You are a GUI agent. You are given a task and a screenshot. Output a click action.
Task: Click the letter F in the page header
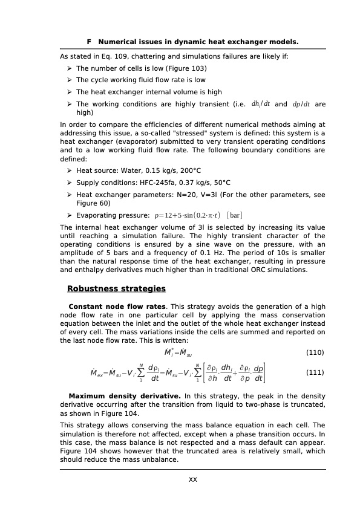[89, 42]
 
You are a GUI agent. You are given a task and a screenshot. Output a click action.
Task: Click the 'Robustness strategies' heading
[116, 289]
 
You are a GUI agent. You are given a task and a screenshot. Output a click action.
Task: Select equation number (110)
[315, 352]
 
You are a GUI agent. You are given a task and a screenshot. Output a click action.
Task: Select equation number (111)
[315, 372]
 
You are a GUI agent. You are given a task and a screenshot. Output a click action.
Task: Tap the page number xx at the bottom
[193, 480]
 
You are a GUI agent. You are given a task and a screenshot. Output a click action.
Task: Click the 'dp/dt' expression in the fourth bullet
[301, 104]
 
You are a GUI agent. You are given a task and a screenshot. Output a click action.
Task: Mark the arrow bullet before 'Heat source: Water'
[70, 171]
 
